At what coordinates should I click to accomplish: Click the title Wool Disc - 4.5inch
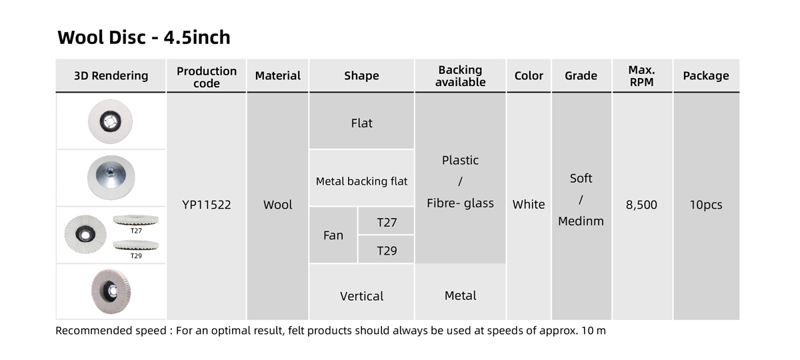point(144,37)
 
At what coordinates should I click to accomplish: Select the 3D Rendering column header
point(111,76)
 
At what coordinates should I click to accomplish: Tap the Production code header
point(207,77)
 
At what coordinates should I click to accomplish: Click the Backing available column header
point(460,76)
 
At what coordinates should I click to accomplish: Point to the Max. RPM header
point(641,76)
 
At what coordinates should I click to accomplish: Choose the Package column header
point(706,76)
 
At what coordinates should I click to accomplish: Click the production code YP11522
point(207,205)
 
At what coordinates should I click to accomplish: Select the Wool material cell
point(278,205)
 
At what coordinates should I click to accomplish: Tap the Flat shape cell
point(362,123)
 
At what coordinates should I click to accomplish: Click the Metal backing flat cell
point(362,181)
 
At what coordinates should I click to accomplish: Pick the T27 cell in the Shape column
point(387,222)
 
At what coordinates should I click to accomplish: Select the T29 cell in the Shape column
point(387,251)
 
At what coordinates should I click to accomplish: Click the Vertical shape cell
point(362,296)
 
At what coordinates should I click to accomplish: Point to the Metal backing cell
point(460,295)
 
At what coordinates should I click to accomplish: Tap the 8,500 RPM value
point(641,205)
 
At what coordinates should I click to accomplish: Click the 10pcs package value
point(706,205)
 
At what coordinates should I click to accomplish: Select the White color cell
point(529,205)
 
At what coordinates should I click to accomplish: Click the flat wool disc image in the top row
point(110,121)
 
